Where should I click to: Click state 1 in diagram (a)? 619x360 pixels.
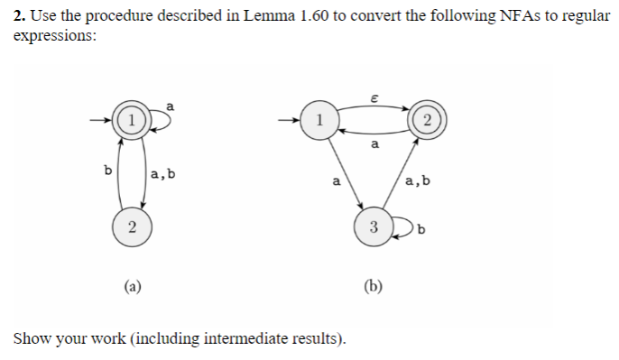tap(132, 120)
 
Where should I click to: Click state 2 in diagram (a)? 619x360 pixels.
tap(132, 226)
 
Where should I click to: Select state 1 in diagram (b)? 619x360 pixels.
tap(318, 120)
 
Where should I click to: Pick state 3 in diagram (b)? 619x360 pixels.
tap(373, 226)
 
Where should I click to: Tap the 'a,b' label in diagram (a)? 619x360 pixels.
tap(162, 171)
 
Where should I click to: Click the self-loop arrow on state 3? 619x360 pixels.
tap(401, 226)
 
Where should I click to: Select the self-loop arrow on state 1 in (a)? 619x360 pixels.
tap(159, 116)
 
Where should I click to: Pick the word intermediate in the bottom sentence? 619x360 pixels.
tap(247, 338)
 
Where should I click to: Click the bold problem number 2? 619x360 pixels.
tap(20, 17)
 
